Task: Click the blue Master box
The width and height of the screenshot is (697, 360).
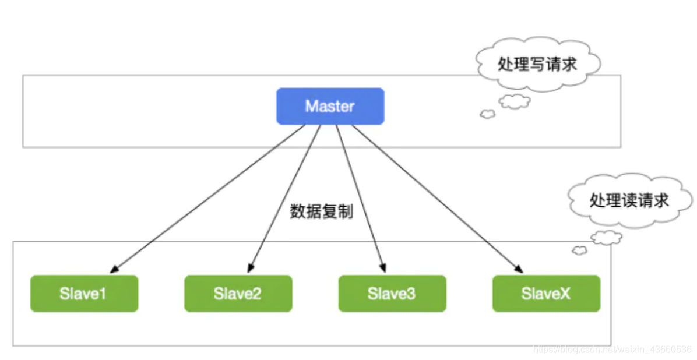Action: pos(330,106)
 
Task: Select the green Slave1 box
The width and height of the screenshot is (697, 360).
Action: pos(84,294)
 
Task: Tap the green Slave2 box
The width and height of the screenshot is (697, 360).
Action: pos(238,294)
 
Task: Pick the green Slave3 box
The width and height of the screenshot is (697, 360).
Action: pos(392,294)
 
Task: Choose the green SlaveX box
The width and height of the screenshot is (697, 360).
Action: pos(545,294)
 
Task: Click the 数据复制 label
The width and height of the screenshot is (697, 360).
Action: pos(321,211)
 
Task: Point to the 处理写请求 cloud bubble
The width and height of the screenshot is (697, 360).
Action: pos(537,64)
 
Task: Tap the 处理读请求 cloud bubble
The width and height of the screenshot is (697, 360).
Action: pos(628,201)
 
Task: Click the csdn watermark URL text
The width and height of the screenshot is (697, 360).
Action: pos(612,349)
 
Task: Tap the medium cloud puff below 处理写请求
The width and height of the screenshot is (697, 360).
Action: pos(515,102)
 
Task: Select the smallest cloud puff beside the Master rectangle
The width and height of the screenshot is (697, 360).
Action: pos(487,114)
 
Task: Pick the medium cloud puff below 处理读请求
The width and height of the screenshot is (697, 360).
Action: pos(606,237)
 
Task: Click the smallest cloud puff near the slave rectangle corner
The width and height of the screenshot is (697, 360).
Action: pos(579,250)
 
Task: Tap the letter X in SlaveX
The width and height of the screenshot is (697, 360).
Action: pos(564,294)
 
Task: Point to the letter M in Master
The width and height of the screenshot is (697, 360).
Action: pos(311,106)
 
